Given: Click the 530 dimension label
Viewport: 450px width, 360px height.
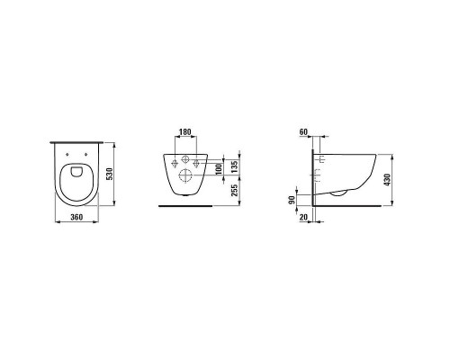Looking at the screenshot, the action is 110,174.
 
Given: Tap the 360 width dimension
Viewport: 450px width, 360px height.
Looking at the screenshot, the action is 76,217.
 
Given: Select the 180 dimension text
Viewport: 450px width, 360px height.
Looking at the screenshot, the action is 184,131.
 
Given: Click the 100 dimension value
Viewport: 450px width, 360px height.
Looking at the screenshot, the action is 219,169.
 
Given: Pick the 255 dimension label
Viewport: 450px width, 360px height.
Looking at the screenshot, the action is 234,190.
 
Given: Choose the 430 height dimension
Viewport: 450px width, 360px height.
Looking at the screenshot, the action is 387,179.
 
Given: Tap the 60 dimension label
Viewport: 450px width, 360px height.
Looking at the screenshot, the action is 303,131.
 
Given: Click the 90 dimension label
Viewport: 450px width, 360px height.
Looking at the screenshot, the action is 292,200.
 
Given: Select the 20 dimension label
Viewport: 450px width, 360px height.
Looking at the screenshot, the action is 303,217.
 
